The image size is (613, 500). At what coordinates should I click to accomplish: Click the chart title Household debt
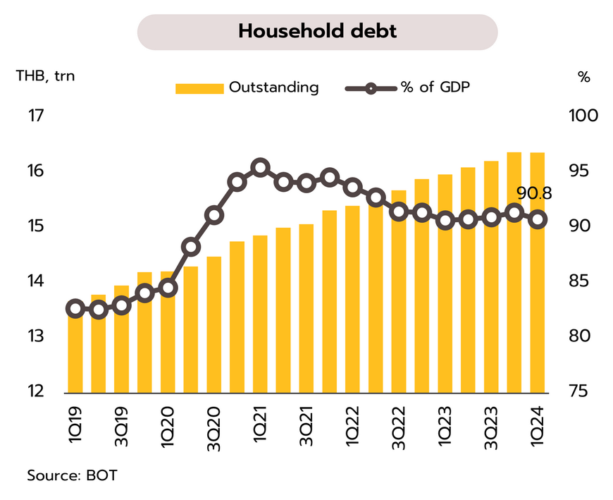(x=317, y=32)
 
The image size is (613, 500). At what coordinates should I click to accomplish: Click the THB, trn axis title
(x=45, y=76)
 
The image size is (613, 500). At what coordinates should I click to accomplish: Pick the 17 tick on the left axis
(x=35, y=115)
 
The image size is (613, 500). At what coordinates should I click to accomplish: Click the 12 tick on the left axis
(x=35, y=391)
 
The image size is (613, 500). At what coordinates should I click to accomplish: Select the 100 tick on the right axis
(x=582, y=115)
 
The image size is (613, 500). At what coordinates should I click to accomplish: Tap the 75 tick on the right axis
(x=582, y=391)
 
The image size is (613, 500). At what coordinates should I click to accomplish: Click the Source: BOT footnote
(x=72, y=475)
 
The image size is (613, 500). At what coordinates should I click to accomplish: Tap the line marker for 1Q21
(x=260, y=168)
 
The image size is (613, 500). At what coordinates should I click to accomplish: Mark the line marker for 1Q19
(x=75, y=308)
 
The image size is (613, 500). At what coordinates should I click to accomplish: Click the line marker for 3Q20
(x=214, y=215)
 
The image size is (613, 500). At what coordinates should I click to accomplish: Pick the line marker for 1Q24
(x=538, y=219)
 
